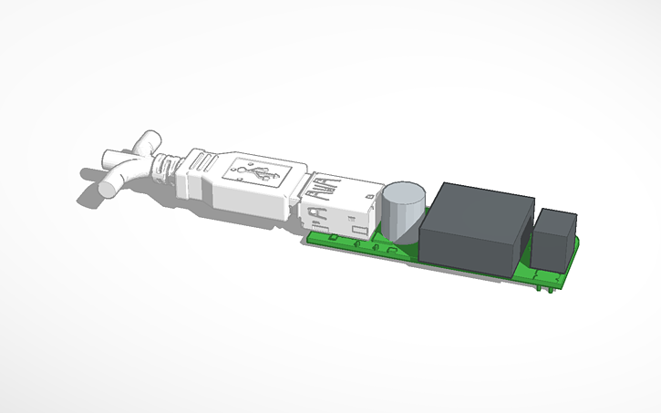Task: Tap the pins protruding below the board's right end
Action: pyautogui.click(x=548, y=289)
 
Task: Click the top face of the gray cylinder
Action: pyautogui.click(x=405, y=193)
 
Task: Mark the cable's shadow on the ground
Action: pyautogui.click(x=91, y=172)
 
